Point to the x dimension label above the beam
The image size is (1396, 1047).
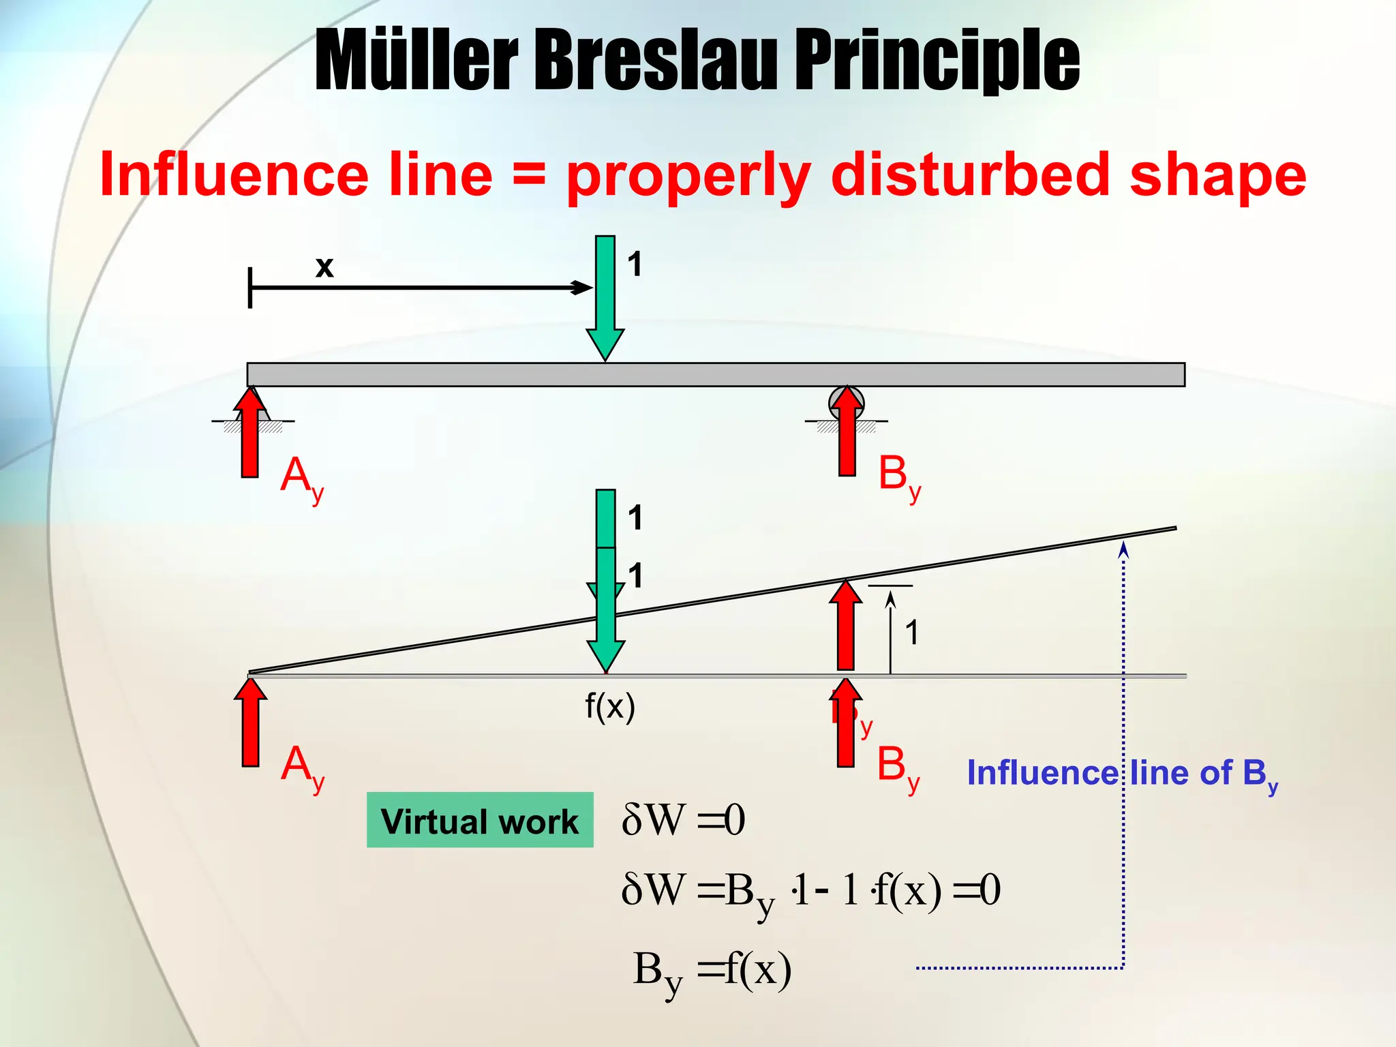click(324, 267)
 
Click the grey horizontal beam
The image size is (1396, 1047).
click(716, 374)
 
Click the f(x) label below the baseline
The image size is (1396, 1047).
click(610, 706)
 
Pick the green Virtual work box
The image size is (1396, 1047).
click(480, 820)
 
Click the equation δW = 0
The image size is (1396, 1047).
click(683, 820)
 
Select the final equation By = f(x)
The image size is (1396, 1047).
click(712, 970)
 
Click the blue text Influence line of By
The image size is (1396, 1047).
click(1122, 774)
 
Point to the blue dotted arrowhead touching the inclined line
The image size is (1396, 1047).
click(1123, 549)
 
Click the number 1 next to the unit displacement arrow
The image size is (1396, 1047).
click(912, 633)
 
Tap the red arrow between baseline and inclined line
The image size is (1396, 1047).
click(846, 626)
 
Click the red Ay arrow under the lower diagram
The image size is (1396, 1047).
click(251, 723)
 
